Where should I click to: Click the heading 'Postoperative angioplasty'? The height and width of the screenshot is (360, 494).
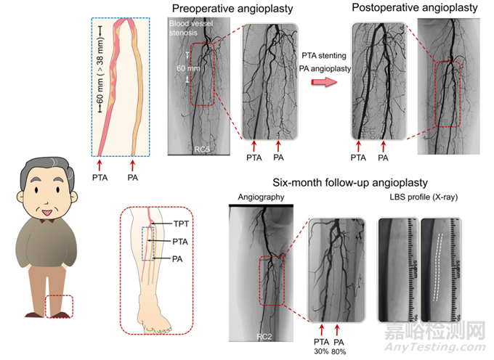[x=415, y=8]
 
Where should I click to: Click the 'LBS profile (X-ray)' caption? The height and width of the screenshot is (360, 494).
[x=425, y=198]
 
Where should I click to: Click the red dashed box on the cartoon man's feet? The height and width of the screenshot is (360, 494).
[x=58, y=306]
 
